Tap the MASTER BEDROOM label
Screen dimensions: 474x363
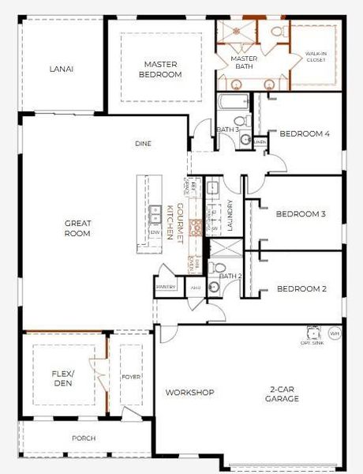(163, 69)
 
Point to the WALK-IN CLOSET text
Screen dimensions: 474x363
(316, 58)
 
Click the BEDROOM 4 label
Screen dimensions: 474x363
(305, 134)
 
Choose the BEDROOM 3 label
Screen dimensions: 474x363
(301, 214)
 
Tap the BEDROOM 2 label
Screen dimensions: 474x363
(301, 289)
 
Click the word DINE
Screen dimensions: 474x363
(143, 144)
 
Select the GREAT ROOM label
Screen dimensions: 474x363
(77, 228)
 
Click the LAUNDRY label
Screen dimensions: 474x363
(230, 215)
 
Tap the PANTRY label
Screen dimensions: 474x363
(166, 288)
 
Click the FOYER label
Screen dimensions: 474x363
(131, 378)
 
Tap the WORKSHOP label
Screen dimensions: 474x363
(190, 393)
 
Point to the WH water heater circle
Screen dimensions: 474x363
(335, 333)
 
